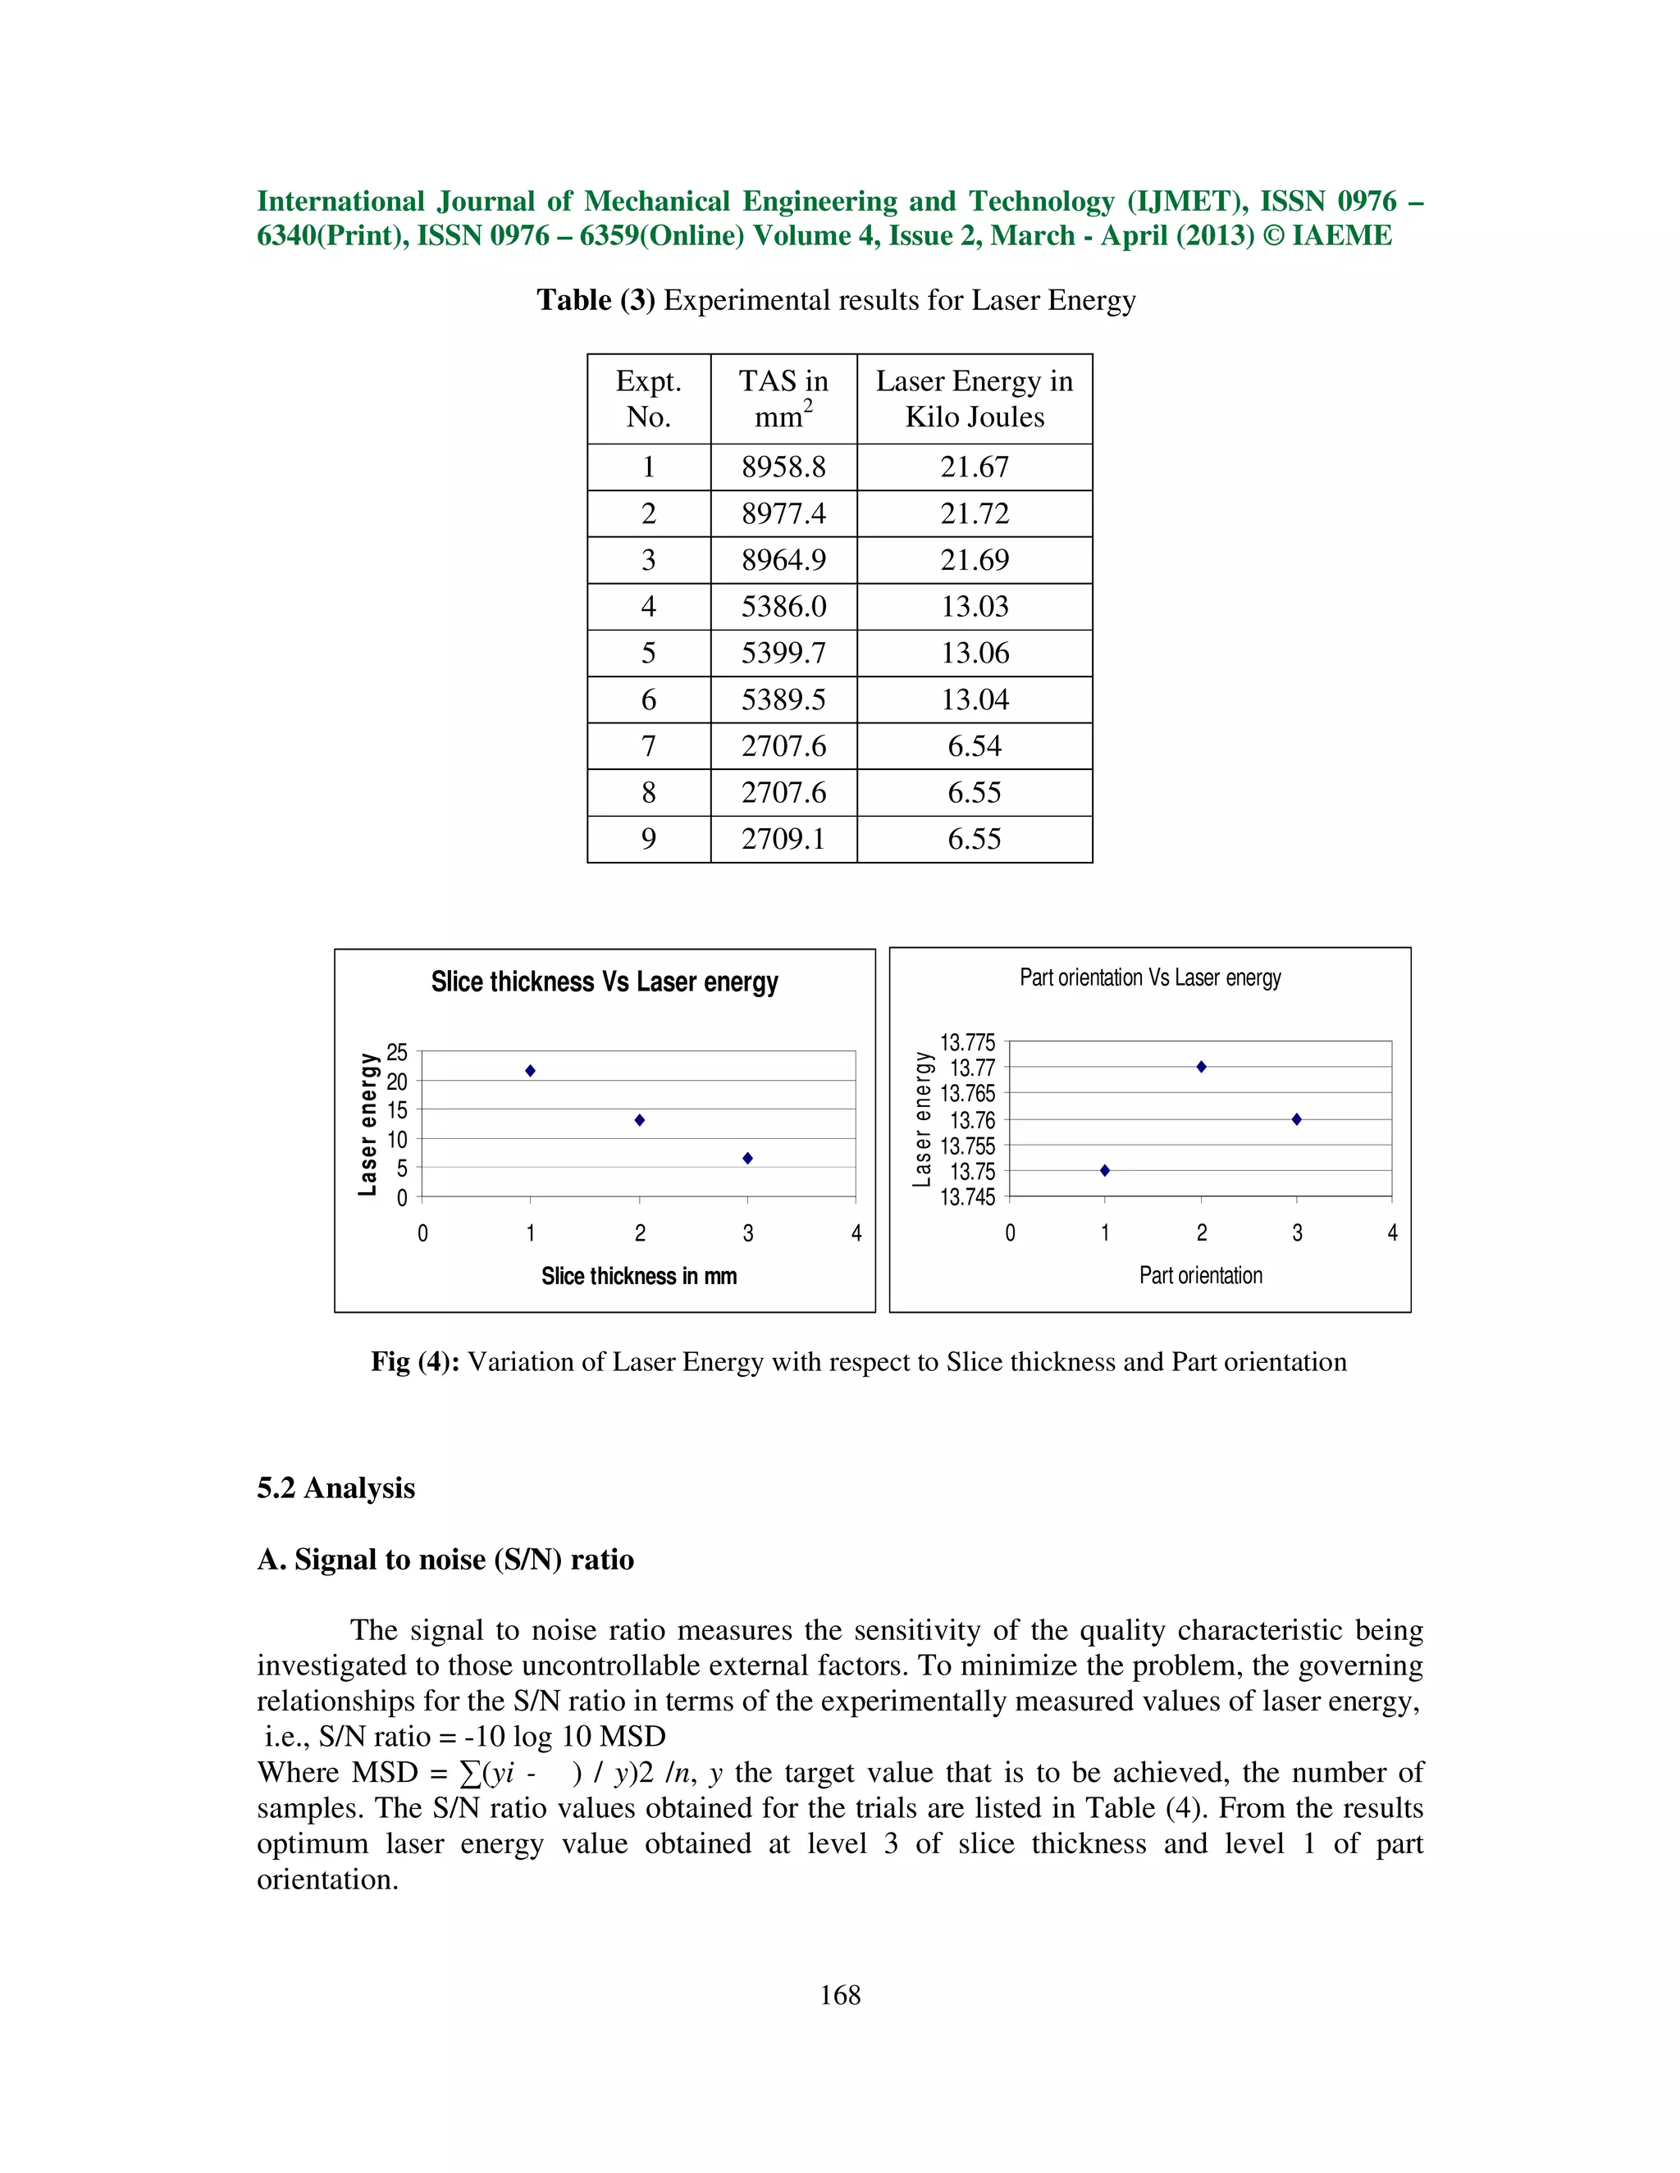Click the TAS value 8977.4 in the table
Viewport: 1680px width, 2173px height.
[783, 513]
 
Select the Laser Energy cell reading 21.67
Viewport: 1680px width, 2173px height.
[975, 467]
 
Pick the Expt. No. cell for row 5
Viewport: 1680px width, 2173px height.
[648, 653]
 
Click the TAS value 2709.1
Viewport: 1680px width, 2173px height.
[783, 839]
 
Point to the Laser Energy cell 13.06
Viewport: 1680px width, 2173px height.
[975, 653]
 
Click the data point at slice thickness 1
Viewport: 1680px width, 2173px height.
[531, 1071]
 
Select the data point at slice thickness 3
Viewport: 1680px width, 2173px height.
[747, 1158]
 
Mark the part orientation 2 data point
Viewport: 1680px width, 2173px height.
[1201, 1067]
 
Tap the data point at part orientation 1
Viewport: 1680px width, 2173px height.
[1105, 1170]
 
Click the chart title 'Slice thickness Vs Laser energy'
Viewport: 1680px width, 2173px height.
[604, 982]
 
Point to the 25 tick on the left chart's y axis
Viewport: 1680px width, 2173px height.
[397, 1052]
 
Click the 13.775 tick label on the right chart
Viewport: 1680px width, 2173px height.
[967, 1041]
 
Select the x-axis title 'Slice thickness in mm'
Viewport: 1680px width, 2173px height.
[639, 1276]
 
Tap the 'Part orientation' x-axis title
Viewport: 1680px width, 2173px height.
[1200, 1274]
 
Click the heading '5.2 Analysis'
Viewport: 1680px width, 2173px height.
[336, 1487]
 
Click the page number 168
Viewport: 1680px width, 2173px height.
[840, 1994]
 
